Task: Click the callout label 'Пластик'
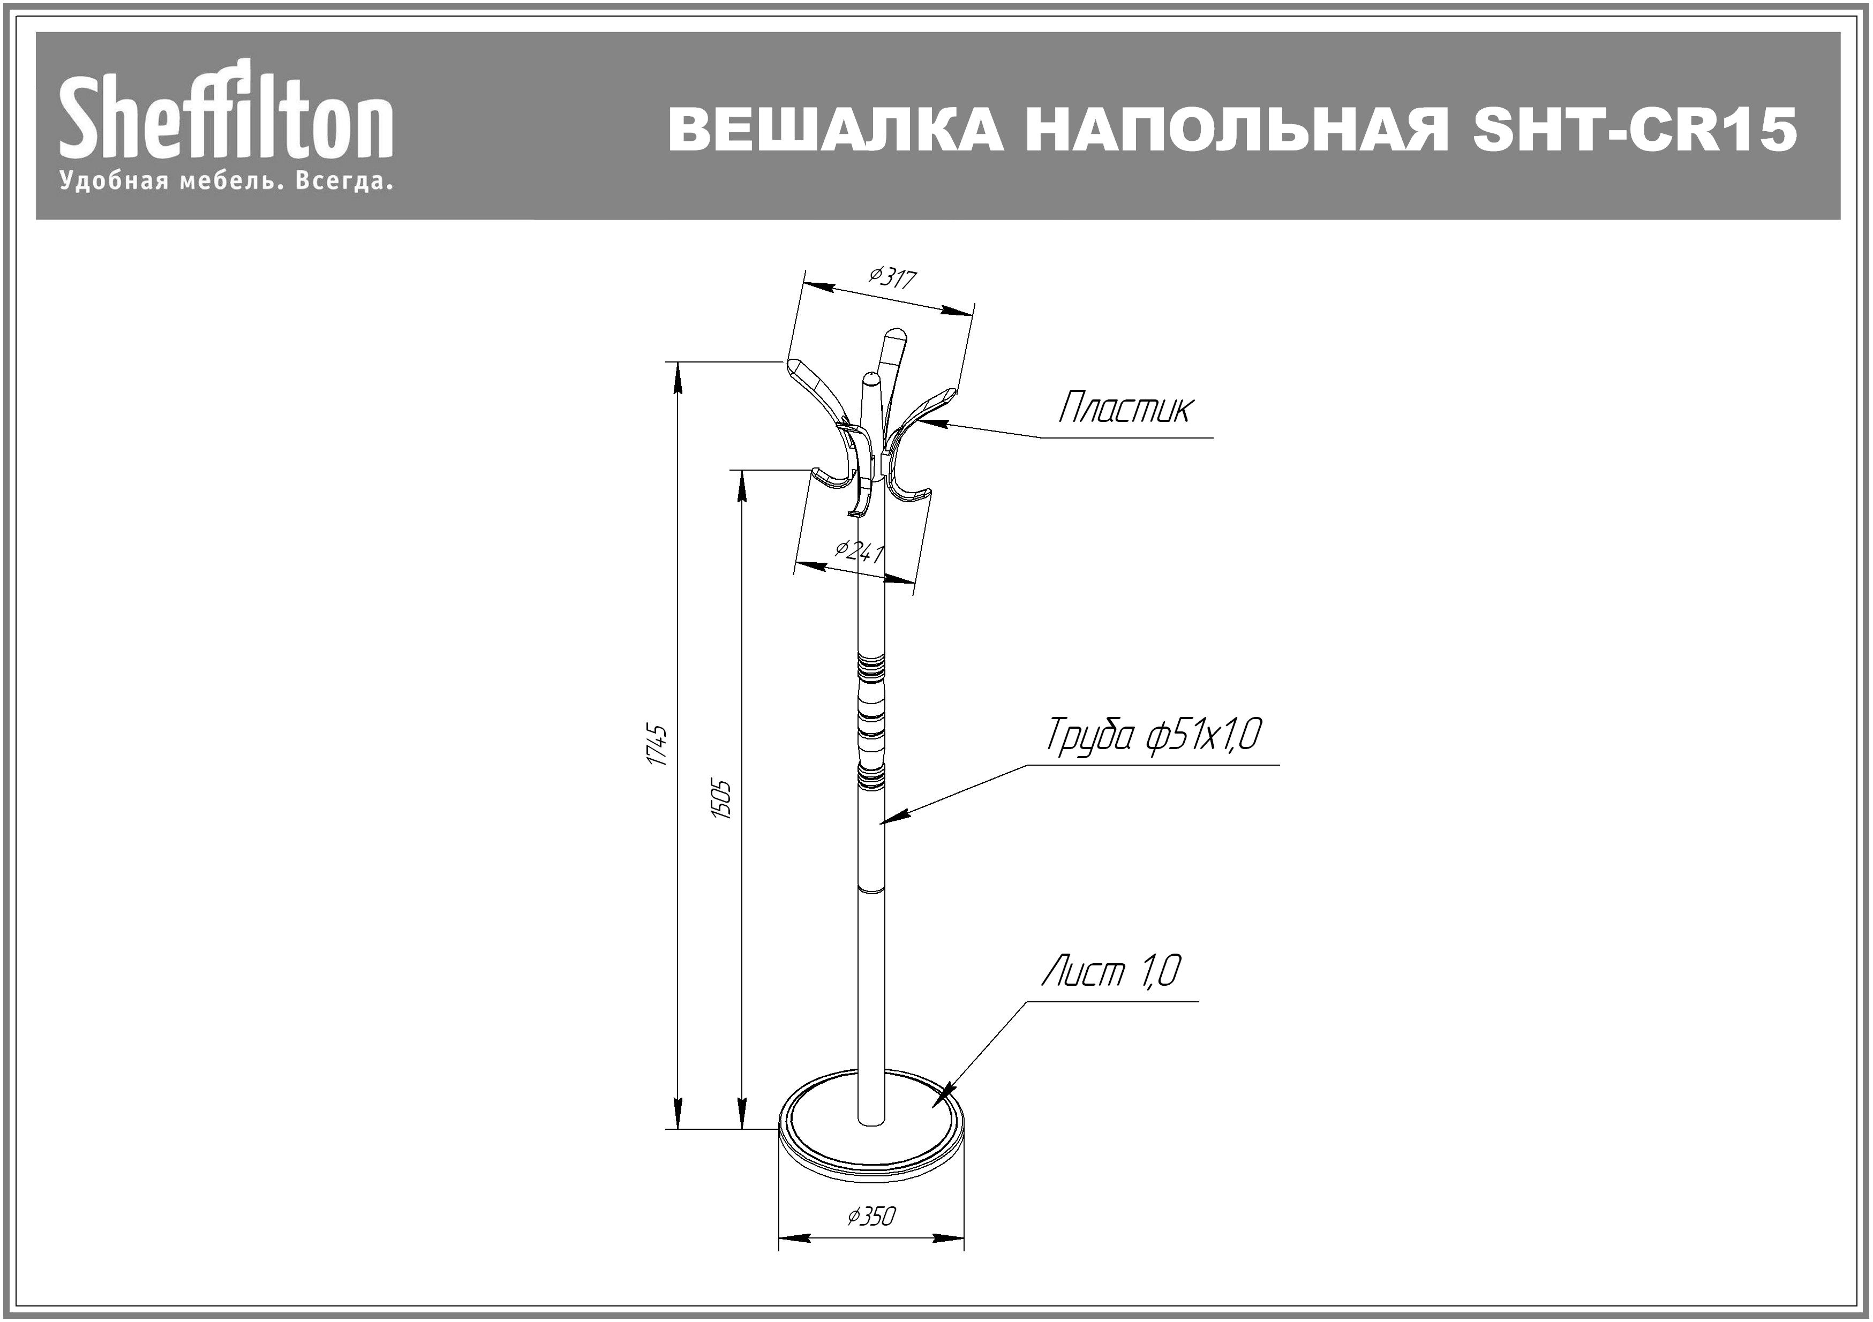[x=1124, y=408]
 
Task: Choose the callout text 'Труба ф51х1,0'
[x=1154, y=735]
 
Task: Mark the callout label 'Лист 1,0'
[x=1111, y=971]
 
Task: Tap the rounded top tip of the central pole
[x=872, y=377]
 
